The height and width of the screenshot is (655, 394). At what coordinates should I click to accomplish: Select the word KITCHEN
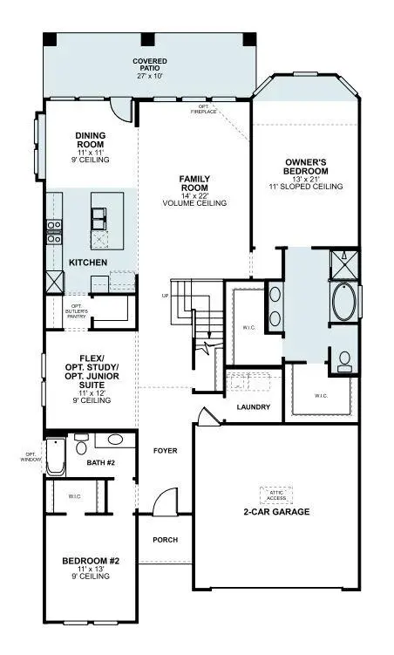[88, 262]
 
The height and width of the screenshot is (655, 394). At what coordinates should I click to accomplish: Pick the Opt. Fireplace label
[203, 109]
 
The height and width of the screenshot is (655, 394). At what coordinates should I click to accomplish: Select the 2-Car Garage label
[276, 512]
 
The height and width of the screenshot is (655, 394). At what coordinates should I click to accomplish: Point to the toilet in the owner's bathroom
[343, 359]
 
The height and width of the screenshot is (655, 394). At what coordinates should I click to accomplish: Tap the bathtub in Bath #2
[56, 456]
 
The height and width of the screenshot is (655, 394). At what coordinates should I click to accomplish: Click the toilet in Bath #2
[81, 447]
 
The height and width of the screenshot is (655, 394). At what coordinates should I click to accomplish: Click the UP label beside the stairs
[165, 296]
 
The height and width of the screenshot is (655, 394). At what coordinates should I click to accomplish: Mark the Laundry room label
[254, 407]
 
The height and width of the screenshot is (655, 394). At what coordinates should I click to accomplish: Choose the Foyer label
[166, 452]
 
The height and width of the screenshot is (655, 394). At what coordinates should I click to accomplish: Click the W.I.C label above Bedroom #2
[74, 496]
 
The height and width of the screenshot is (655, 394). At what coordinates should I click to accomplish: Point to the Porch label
[165, 540]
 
